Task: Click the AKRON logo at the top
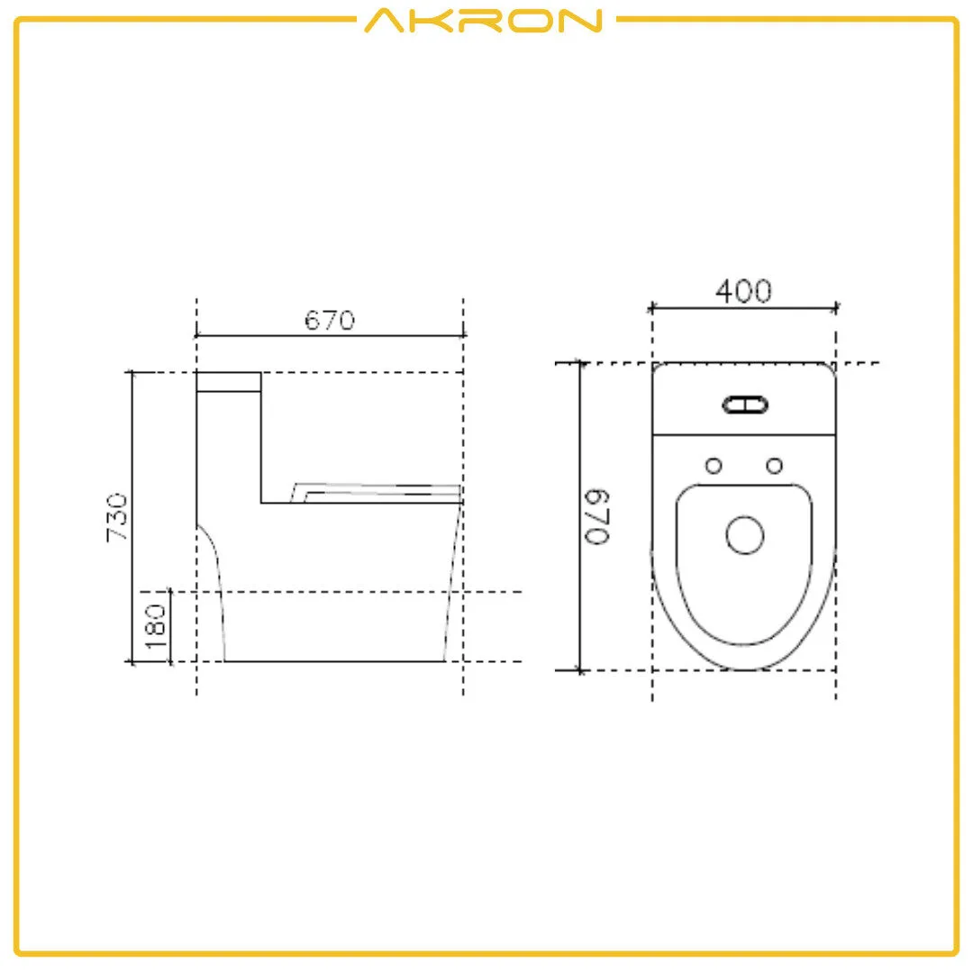point(483,20)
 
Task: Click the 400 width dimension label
point(743,291)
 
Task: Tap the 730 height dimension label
point(118,517)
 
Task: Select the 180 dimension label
point(156,626)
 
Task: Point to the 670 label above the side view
point(329,320)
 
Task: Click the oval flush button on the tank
point(746,405)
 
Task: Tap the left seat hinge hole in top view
point(714,465)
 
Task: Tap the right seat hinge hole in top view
point(774,465)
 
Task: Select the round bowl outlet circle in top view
point(745,535)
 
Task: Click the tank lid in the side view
point(229,382)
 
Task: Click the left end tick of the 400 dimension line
point(651,308)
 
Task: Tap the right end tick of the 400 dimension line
point(836,308)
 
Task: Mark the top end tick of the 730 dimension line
point(132,371)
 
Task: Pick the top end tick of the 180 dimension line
point(169,592)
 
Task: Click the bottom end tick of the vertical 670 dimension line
point(580,670)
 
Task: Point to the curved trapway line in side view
point(216,577)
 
